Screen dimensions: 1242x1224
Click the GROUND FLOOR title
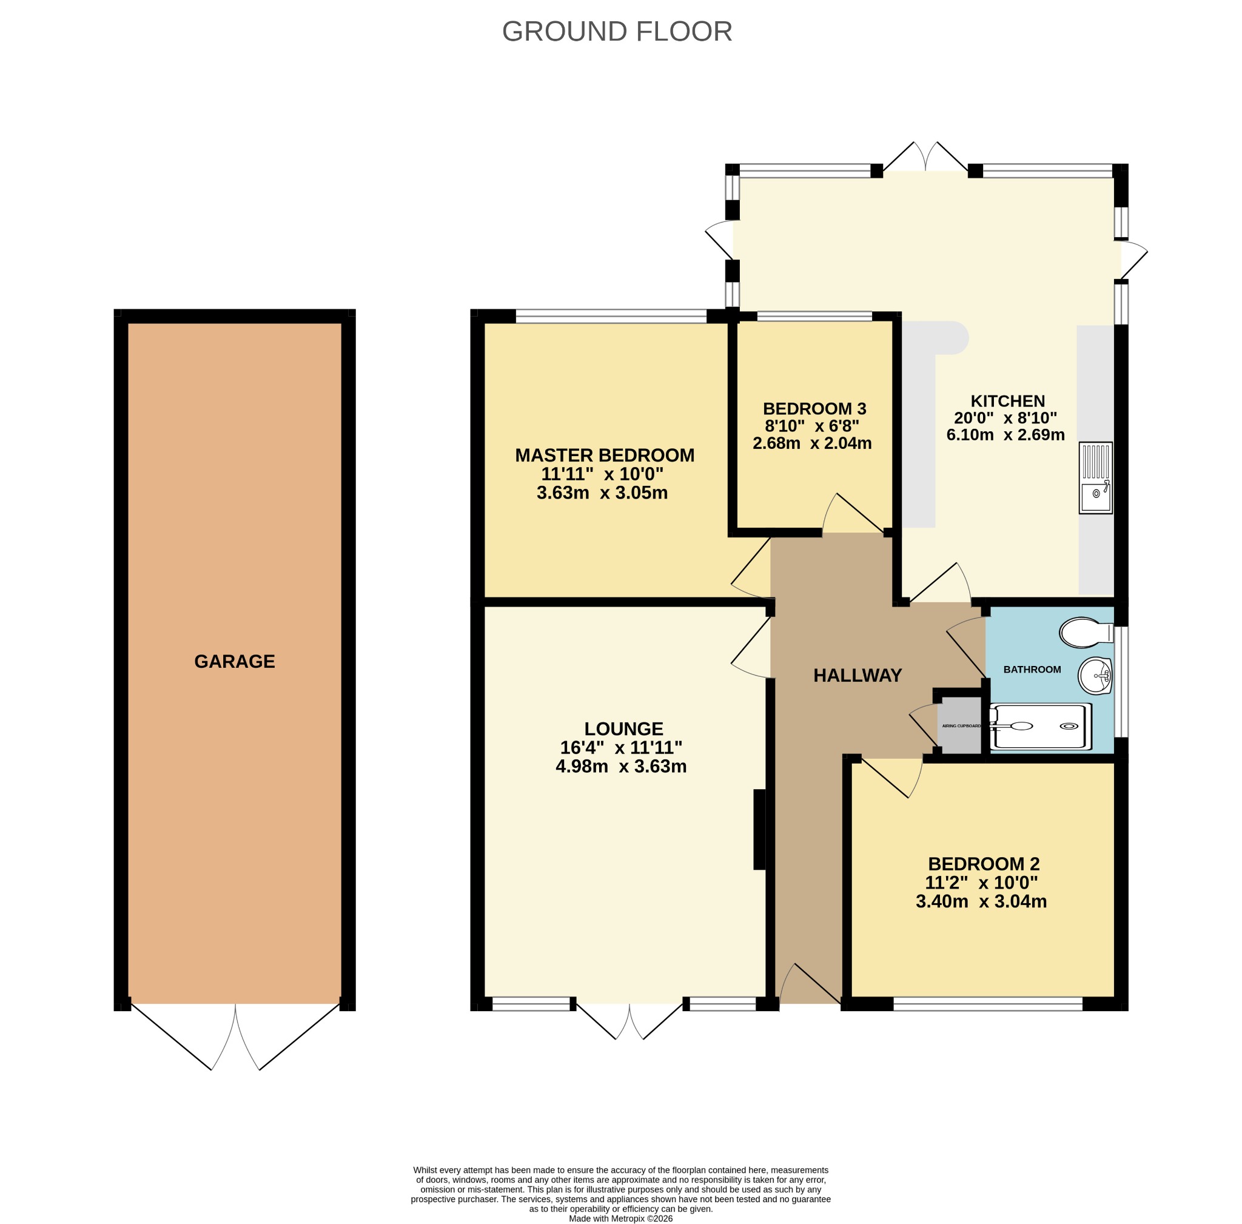617,32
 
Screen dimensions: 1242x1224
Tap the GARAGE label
235,662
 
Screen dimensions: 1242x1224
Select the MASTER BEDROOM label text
604,455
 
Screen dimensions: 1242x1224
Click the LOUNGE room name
623,728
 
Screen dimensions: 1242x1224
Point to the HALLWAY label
858,675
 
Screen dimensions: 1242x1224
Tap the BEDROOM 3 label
814,408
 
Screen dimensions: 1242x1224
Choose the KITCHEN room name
1007,400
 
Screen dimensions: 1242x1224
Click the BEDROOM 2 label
984,863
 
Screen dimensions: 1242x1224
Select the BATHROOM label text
1032,669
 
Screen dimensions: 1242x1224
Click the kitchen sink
1095,477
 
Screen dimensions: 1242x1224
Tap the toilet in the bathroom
1086,633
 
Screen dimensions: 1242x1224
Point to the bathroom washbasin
1095,676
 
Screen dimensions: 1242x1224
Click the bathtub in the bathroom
1040,727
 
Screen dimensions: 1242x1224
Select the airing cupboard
961,726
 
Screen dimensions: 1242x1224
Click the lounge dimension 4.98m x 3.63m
621,766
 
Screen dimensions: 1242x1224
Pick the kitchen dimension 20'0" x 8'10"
1005,417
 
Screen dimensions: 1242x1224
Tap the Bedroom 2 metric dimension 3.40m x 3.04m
981,901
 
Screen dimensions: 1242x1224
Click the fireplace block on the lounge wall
759,829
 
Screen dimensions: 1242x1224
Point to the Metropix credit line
620,1218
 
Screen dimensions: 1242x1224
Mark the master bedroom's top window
611,316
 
